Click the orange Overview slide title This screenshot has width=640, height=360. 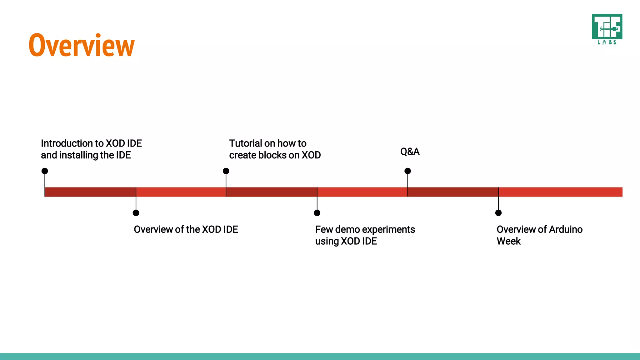(x=82, y=46)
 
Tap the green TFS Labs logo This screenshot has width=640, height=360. (x=607, y=29)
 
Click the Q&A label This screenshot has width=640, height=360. (x=410, y=152)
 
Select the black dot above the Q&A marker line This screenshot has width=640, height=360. (x=407, y=171)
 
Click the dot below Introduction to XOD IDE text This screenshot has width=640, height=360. (x=45, y=171)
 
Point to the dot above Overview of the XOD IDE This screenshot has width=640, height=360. (x=136, y=213)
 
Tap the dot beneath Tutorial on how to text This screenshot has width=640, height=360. (x=226, y=171)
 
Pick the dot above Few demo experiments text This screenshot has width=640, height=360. (x=317, y=213)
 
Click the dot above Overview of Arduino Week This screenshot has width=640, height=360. (x=498, y=213)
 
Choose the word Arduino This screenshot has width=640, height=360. (x=566, y=230)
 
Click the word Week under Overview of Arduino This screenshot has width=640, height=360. (x=508, y=241)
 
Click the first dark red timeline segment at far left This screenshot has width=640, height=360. (x=90, y=192)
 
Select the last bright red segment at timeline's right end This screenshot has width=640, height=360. (x=560, y=192)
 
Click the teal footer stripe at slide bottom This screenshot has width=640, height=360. (x=320, y=357)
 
